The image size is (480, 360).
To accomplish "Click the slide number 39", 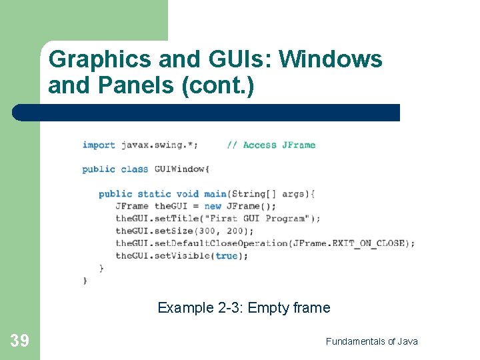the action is click(19, 341).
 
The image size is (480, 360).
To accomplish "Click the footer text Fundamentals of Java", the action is click(371, 341).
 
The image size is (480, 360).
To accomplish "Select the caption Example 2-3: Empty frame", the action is click(243, 307).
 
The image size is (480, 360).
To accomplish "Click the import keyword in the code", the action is click(99, 145).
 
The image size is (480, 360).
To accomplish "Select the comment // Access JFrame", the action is click(271, 145).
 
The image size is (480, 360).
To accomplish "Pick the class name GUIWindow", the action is click(182, 169).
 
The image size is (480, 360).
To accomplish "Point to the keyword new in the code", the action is click(213, 206).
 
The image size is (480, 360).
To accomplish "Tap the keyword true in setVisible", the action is click(227, 255).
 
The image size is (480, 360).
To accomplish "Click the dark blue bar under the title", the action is click(207, 113).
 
